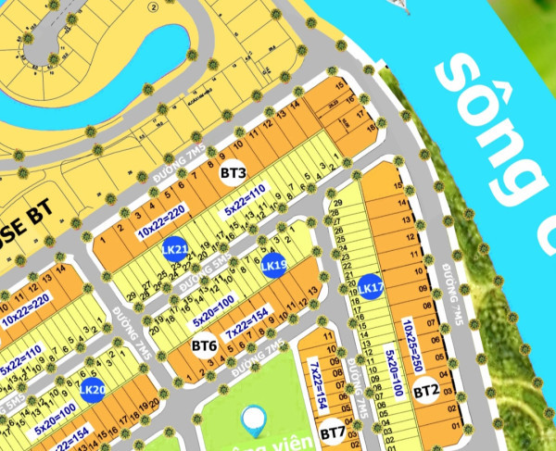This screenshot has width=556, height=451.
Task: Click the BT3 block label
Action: (233, 173)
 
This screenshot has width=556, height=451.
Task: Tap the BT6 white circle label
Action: (204, 346)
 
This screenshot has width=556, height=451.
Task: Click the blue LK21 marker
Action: (174, 250)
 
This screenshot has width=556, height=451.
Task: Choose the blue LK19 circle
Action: (272, 267)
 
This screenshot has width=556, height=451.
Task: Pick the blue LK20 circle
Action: (91, 391)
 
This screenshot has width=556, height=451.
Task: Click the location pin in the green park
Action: (251, 422)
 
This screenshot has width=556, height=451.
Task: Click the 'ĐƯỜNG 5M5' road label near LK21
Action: (204, 274)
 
